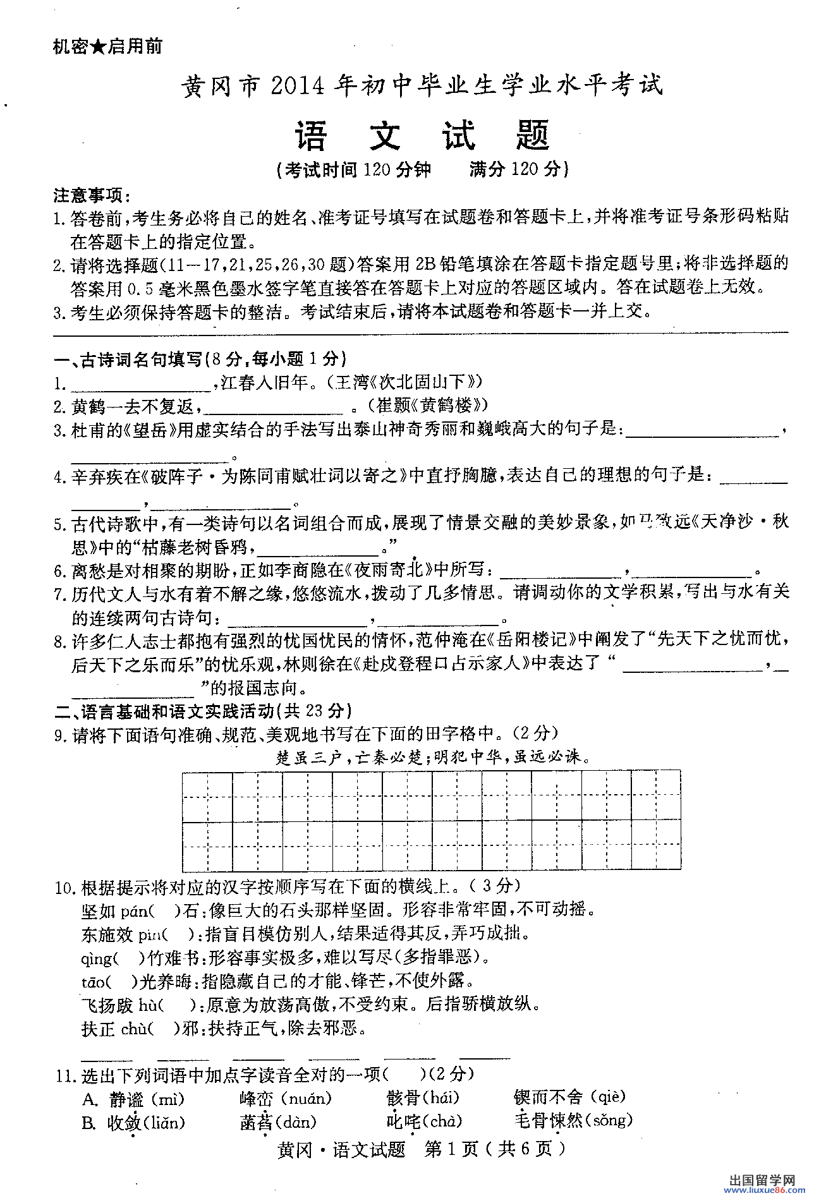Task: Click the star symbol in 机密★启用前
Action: tap(97, 47)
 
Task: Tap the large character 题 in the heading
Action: tap(532, 136)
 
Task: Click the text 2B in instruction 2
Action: tap(425, 263)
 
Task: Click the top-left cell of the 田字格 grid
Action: tap(207, 797)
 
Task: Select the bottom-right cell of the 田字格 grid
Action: tap(655, 845)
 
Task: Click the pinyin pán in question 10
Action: tap(135, 911)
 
